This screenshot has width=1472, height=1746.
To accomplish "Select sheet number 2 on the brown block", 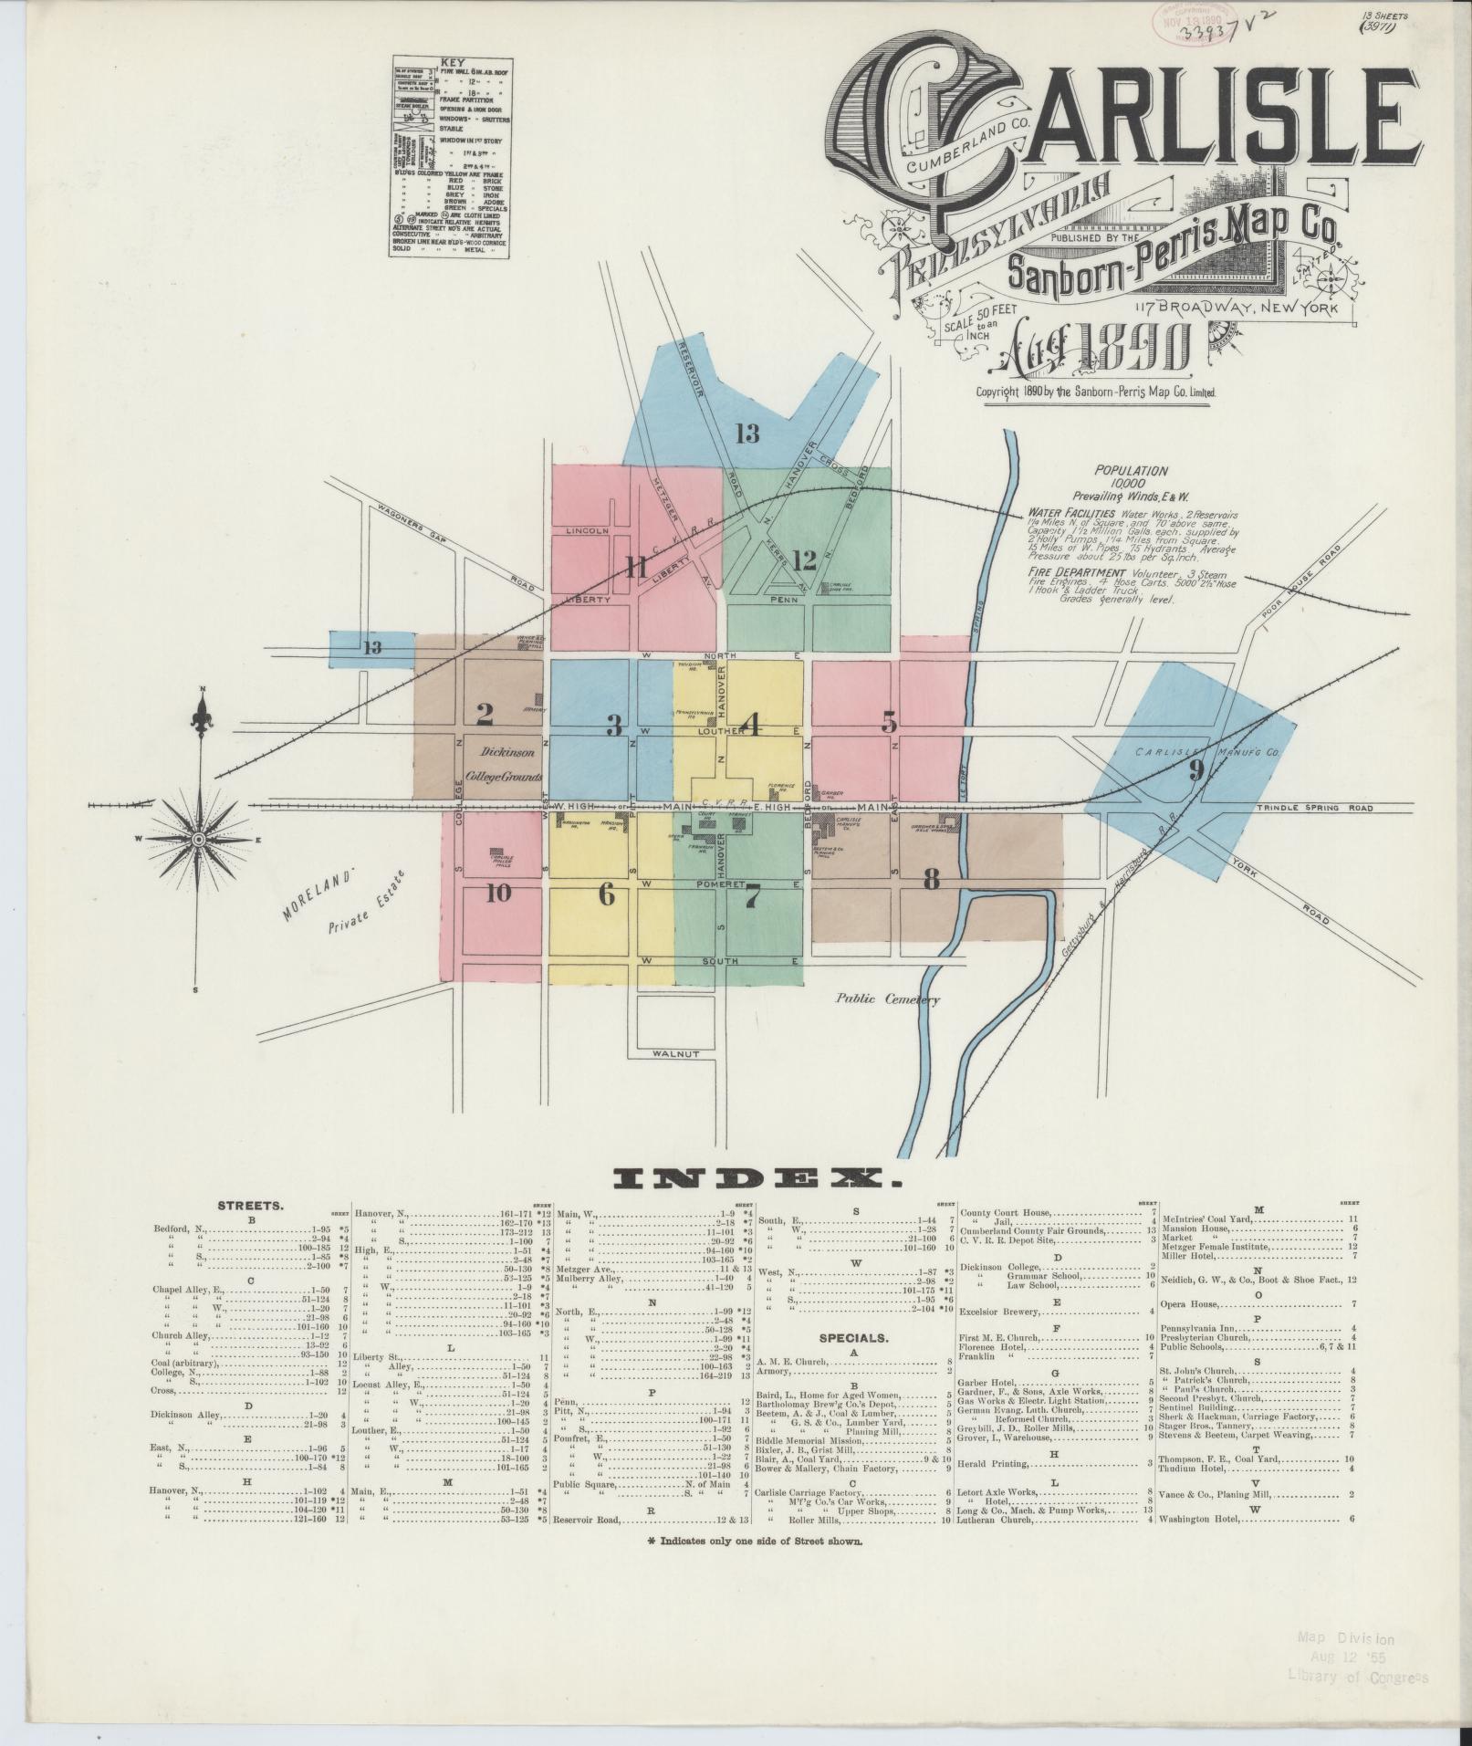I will tap(485, 714).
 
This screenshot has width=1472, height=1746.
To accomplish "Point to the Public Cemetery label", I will tap(888, 999).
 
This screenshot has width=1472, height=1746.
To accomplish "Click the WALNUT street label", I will tap(676, 1053).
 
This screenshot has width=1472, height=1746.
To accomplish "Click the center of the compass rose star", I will tap(200, 839).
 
